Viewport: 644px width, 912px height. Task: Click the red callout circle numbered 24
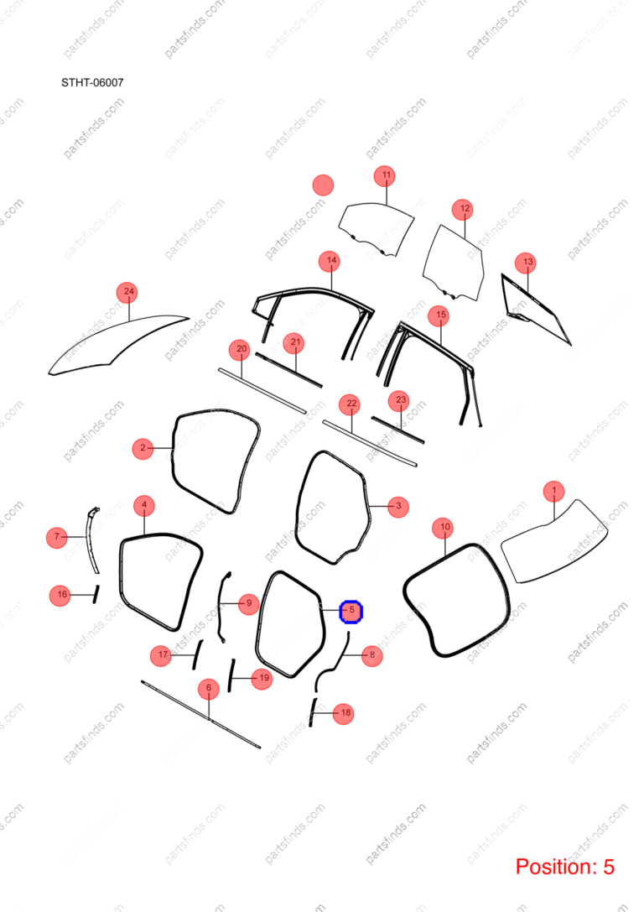point(128,292)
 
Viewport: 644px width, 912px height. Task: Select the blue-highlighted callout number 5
point(351,611)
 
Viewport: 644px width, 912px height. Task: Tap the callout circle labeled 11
point(386,175)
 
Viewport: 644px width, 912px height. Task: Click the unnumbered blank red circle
point(323,185)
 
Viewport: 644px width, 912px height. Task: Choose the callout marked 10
point(444,528)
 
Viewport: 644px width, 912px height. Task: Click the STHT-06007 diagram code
point(92,82)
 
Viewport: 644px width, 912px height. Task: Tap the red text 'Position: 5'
point(564,867)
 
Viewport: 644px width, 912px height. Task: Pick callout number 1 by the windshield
point(554,491)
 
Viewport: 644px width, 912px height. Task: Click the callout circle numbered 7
point(57,537)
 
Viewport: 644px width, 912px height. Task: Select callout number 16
point(61,595)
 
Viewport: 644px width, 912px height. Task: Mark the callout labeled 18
point(344,713)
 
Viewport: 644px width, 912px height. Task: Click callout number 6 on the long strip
point(209,689)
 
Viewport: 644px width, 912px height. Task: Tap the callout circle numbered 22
point(351,404)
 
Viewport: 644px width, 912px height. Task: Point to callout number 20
point(241,350)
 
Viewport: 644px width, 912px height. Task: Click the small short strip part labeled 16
point(96,594)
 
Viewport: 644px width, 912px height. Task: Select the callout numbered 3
point(398,506)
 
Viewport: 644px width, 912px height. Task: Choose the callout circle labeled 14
point(330,261)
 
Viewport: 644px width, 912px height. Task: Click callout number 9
point(249,603)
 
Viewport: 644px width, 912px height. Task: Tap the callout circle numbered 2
point(143,448)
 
